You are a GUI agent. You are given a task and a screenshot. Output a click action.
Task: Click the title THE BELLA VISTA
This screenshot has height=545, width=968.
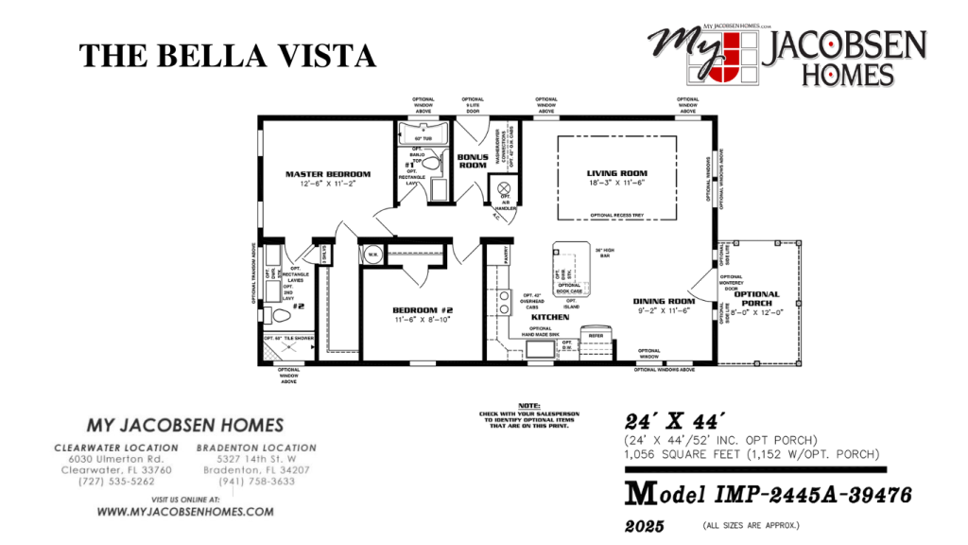coord(228,56)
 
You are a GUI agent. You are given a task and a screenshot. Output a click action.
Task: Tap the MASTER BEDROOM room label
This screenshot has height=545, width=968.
coord(328,174)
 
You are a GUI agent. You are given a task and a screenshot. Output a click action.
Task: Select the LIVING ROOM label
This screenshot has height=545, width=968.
coord(616,173)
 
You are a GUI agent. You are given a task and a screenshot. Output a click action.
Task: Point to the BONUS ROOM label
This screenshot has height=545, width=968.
coord(473,161)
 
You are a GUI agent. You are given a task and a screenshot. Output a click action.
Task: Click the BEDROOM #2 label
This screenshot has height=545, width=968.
coord(423,310)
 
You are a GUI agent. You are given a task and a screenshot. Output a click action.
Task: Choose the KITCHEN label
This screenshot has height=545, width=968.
coord(549,317)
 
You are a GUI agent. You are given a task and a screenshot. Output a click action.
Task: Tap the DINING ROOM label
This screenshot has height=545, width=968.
coord(664,301)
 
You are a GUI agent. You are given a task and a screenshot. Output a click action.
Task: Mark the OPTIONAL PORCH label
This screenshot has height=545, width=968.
coord(757,299)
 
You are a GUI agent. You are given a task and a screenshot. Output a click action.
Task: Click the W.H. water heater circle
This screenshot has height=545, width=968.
coord(372,254)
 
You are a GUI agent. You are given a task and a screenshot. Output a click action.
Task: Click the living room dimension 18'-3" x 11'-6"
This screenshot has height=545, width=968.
coord(616,184)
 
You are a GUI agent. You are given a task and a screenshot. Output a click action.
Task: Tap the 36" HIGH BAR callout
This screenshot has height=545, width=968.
coord(605,253)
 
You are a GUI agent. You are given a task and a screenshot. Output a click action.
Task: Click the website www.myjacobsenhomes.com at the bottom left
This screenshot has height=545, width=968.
coord(185,512)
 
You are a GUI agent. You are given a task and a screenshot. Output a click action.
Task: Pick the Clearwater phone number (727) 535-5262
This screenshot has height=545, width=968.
coord(118,482)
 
